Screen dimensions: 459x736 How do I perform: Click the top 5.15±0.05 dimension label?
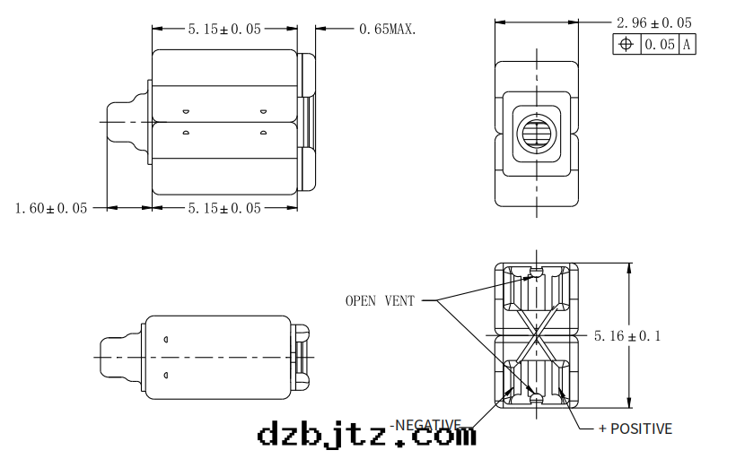223,29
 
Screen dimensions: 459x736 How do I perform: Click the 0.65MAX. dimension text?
388,29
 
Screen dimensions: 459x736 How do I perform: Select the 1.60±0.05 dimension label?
51,208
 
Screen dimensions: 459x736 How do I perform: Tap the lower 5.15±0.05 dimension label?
223,208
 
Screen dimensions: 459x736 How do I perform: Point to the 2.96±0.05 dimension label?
653,22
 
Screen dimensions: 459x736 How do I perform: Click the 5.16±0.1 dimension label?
627,336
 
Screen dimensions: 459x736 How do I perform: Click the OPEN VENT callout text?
380,301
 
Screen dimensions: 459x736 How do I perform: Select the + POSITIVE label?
635,429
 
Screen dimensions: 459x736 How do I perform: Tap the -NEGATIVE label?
426,424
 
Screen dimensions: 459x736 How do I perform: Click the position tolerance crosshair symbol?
626,44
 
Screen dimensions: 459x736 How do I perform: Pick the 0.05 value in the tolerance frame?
660,44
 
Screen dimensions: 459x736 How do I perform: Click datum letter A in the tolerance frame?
687,44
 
